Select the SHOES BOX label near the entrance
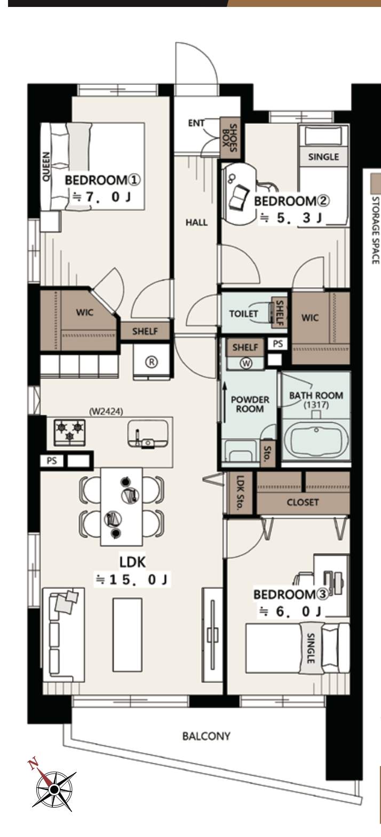point(229,138)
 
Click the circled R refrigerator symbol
point(152,362)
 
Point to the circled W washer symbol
point(246,363)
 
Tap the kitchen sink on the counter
point(148,433)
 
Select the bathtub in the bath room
point(316,441)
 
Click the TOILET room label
point(243,313)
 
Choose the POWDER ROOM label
point(250,404)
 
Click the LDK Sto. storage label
point(240,492)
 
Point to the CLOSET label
point(303,502)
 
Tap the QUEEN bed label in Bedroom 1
point(45,167)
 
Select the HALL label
point(196,223)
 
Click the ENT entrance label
point(196,123)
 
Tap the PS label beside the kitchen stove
point(52,460)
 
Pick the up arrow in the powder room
point(225,401)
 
